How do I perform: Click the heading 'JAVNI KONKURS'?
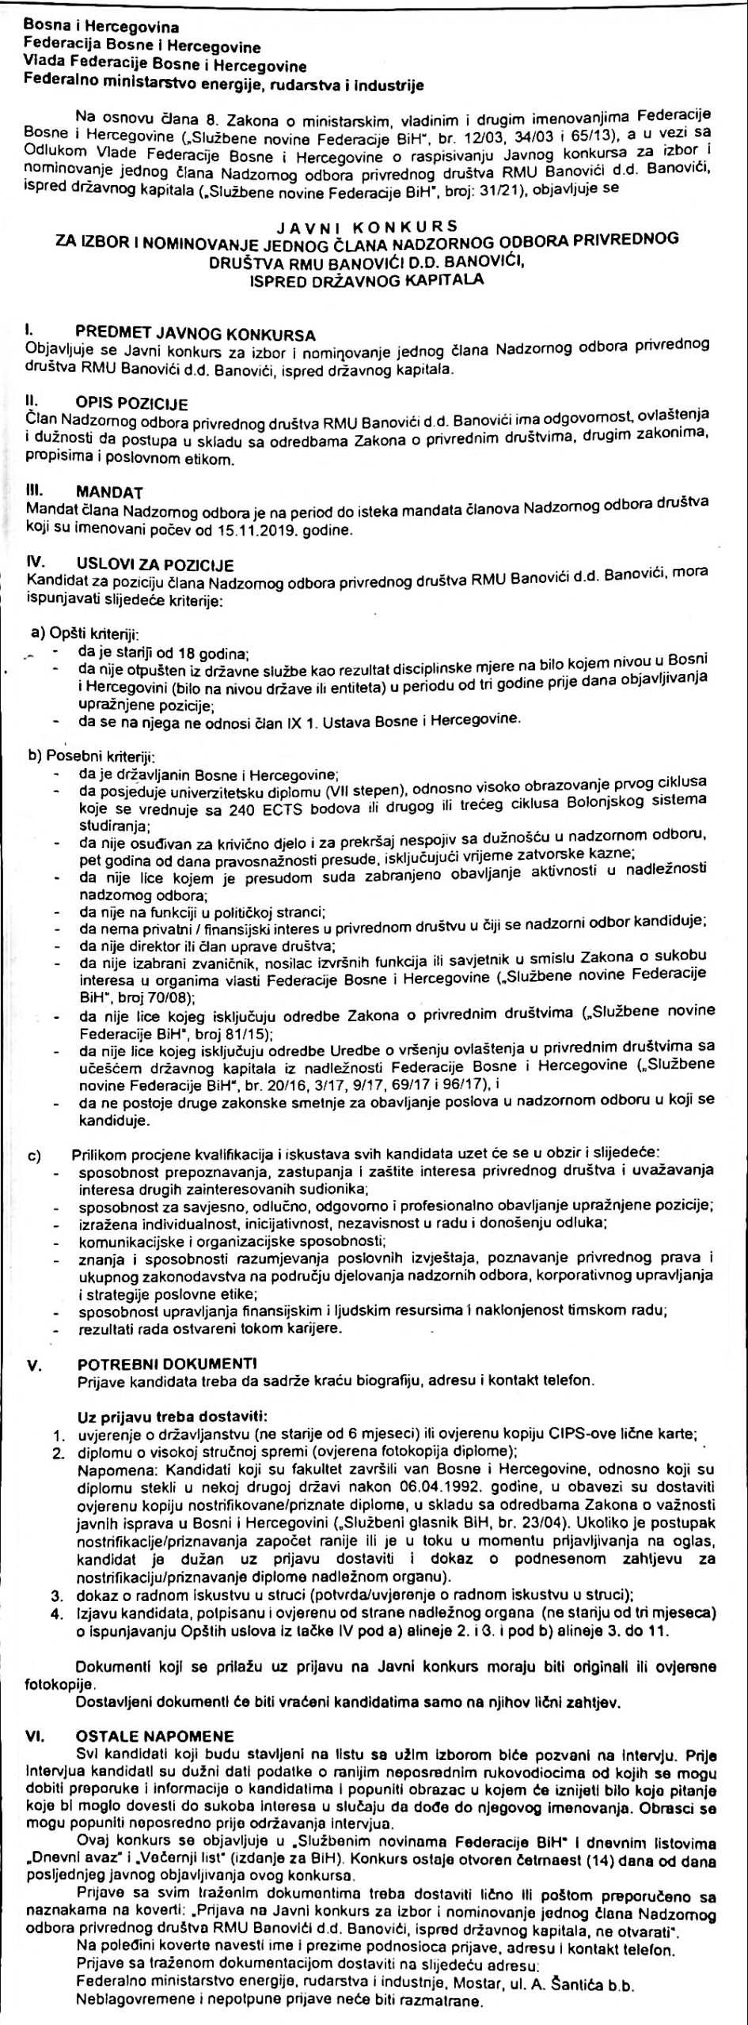coord(374,228)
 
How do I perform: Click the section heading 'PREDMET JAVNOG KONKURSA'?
coord(196,333)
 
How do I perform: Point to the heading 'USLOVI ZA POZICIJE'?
coord(155,563)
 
